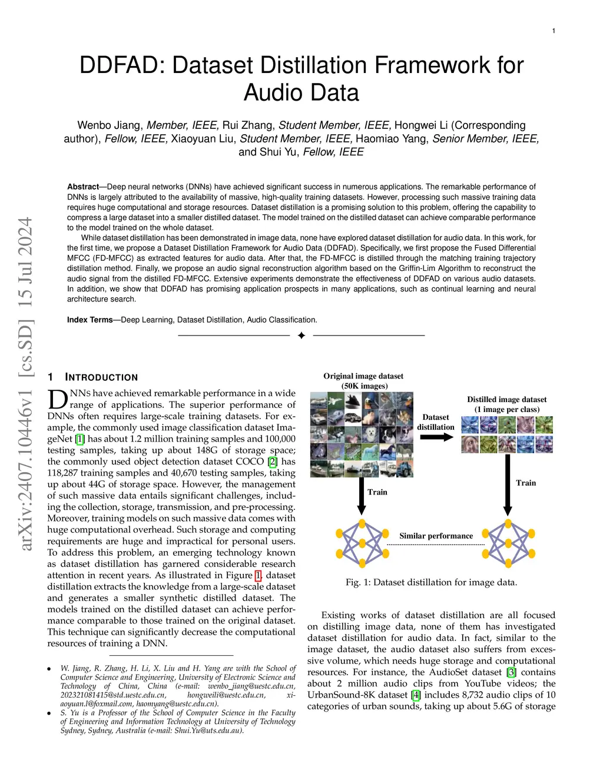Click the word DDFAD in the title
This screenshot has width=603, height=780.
[x=122, y=65]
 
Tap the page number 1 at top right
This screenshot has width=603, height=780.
[x=554, y=31]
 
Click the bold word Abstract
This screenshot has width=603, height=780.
[x=82, y=187]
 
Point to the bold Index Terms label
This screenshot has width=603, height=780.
[x=90, y=320]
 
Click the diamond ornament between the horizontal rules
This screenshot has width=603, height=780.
[x=301, y=336]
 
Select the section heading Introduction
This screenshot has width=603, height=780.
[x=101, y=377]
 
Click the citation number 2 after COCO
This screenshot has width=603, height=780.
[x=272, y=462]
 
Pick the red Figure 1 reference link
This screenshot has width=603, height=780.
[x=258, y=575]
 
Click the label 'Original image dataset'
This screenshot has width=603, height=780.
[x=363, y=376]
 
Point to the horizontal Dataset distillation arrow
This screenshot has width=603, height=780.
[x=436, y=437]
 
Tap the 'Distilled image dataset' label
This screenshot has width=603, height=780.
[x=506, y=400]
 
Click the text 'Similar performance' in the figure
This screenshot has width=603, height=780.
[x=436, y=536]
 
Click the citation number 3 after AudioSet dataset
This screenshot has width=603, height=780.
[x=511, y=672]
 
